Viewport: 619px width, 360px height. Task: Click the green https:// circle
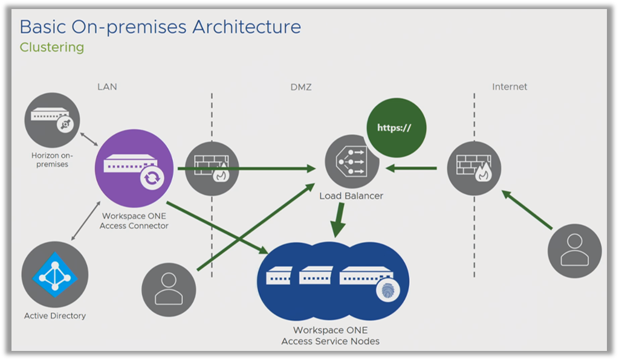[x=396, y=128]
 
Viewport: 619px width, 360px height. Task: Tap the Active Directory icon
[x=54, y=275]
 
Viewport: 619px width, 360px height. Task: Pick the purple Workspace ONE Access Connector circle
[x=134, y=167]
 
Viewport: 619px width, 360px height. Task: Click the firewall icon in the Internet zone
[x=473, y=169]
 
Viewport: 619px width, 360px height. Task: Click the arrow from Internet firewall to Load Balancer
[x=411, y=168]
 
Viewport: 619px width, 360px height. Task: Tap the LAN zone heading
[x=107, y=87]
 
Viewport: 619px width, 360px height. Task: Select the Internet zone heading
[x=509, y=87]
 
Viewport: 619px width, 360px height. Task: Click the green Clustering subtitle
[x=52, y=47]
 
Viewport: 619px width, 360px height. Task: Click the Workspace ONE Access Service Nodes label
[x=330, y=336]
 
